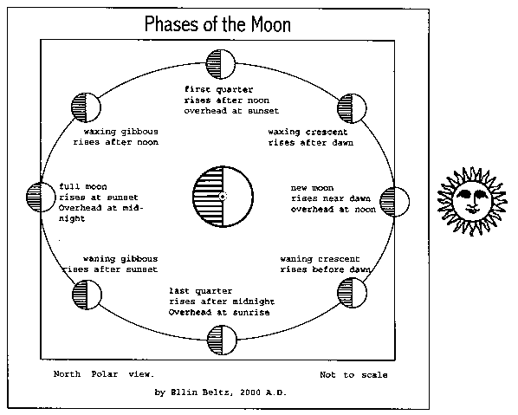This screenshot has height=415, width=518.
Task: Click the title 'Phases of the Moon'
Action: click(217, 24)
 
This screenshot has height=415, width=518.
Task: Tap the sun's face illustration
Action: click(472, 201)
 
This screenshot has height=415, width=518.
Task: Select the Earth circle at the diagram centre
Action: click(223, 197)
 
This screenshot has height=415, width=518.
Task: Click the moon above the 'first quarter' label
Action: click(221, 64)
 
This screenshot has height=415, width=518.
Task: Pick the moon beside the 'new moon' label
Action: click(394, 202)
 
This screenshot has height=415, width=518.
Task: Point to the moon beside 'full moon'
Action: click(41, 197)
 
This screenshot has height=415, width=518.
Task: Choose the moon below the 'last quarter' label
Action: click(222, 340)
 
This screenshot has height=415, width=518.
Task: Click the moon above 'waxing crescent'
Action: click(352, 108)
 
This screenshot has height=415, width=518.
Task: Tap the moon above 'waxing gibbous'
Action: click(86, 107)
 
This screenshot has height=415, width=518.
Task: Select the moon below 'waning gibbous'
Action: click(87, 295)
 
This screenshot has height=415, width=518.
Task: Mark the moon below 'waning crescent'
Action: click(352, 293)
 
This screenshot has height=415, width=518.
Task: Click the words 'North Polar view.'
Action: click(104, 374)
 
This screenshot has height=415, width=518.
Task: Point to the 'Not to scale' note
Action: click(353, 374)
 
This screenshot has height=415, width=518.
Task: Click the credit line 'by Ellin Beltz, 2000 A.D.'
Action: click(220, 392)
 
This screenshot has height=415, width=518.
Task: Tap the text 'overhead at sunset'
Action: click(231, 111)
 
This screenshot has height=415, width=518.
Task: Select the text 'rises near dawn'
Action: click(331, 198)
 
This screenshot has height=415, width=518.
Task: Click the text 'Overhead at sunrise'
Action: click(219, 312)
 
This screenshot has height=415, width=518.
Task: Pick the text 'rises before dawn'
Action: click(325, 269)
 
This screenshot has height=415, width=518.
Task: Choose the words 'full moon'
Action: click(83, 186)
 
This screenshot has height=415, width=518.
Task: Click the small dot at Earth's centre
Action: click(223, 197)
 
